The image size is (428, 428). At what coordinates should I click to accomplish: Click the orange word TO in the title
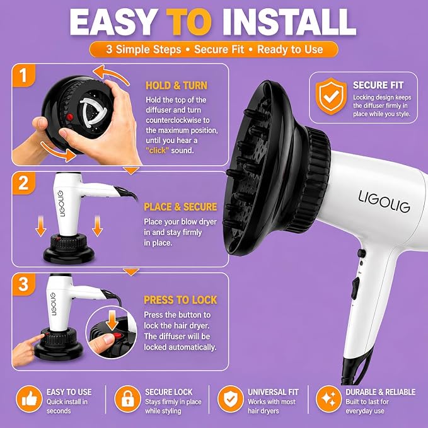click(189, 22)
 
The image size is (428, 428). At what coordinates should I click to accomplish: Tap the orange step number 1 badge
click(23, 76)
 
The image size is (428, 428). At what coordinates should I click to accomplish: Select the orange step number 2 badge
click(23, 183)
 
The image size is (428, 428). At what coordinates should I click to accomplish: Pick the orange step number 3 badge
click(23, 284)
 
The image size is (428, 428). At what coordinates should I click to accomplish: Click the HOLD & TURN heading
click(176, 86)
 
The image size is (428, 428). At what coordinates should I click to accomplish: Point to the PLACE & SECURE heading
click(180, 207)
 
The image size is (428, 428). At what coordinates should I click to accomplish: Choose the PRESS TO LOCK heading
click(180, 300)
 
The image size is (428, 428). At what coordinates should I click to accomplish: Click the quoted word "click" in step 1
click(157, 151)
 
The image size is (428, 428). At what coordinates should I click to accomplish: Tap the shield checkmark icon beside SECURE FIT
click(331, 96)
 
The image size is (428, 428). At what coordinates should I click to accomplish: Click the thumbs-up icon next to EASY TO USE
click(29, 399)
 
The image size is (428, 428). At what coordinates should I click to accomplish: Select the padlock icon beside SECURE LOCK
click(127, 399)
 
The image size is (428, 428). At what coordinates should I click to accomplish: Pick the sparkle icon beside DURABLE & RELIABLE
click(328, 399)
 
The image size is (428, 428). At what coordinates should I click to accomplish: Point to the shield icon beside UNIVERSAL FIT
click(230, 399)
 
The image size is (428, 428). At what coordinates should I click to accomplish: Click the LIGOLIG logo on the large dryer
click(384, 202)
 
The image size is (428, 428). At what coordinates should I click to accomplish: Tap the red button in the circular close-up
click(117, 335)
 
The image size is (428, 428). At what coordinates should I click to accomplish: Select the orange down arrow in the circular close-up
click(112, 320)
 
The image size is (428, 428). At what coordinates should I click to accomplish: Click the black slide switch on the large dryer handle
click(355, 289)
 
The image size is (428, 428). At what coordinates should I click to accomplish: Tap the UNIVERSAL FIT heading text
click(273, 392)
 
